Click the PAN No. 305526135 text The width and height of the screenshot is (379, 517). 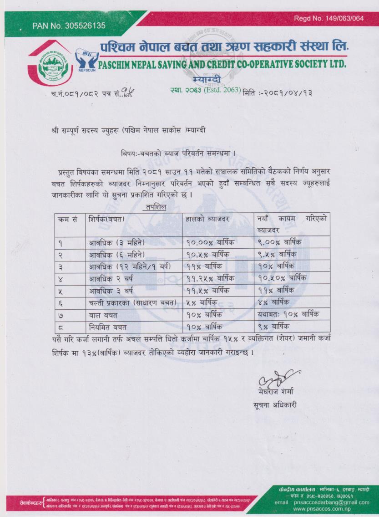coord(69,26)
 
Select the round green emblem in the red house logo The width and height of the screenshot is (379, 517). coord(53,67)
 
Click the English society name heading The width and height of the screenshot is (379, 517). coord(222,63)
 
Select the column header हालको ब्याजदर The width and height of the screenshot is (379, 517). coord(207,219)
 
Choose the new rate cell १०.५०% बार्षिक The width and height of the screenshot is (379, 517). coord(282,277)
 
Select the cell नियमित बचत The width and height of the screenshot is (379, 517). coord(107,326)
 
